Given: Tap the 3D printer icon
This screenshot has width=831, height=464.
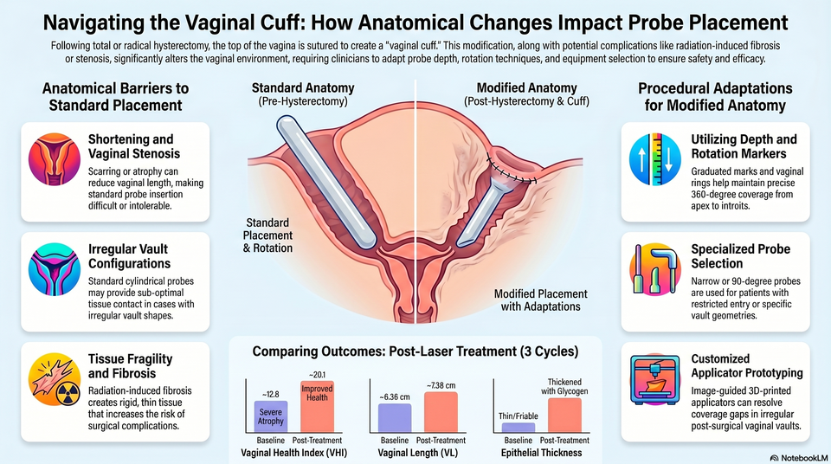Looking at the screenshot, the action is pos(654,380).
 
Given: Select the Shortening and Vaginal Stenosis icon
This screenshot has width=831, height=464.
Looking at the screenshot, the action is pos(54,159).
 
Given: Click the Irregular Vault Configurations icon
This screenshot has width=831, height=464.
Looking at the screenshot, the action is pos(54,269).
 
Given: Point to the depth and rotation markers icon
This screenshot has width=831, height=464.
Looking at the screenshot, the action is pos(655,159).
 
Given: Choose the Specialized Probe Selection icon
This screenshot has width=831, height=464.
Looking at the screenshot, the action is pos(655,269).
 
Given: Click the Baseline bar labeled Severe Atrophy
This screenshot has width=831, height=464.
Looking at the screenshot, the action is pos(270,416).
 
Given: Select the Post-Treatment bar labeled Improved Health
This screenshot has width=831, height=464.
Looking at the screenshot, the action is pos(317,407).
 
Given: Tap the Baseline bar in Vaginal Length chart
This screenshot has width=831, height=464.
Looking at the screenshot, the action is pos(395,418).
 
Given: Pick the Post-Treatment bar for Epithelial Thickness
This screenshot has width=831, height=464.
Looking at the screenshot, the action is pos(564,416).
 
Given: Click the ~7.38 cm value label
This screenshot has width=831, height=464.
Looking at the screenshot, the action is pos(441,385).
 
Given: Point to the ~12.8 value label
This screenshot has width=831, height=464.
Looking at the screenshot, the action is pos(270,395).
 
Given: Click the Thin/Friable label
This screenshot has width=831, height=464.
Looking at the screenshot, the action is pos(518,416).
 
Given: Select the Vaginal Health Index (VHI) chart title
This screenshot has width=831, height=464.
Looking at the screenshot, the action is pos(294,453).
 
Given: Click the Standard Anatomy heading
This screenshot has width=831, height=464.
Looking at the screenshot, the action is pos(303,88).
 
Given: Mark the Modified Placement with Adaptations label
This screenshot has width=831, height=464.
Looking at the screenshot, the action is pos(540,300).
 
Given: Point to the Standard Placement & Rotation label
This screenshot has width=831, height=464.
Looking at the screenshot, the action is pos(267,235).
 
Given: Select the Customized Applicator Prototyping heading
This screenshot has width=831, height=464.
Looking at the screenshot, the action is pos(747,366).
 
